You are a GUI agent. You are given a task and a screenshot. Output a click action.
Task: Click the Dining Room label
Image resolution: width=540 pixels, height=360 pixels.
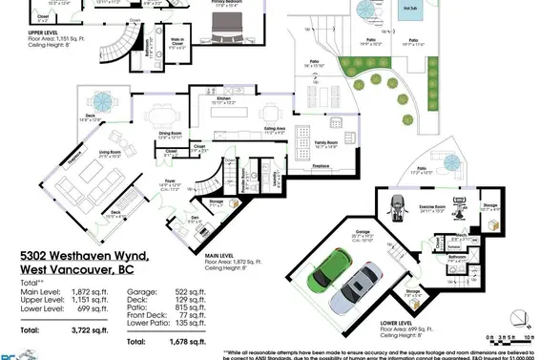click(x=170, y=133)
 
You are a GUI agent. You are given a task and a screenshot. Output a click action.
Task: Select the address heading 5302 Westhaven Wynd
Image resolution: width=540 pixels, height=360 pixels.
click(x=85, y=257)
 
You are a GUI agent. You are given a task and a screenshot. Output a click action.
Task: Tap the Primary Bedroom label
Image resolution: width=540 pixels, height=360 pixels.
click(x=224, y=2)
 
